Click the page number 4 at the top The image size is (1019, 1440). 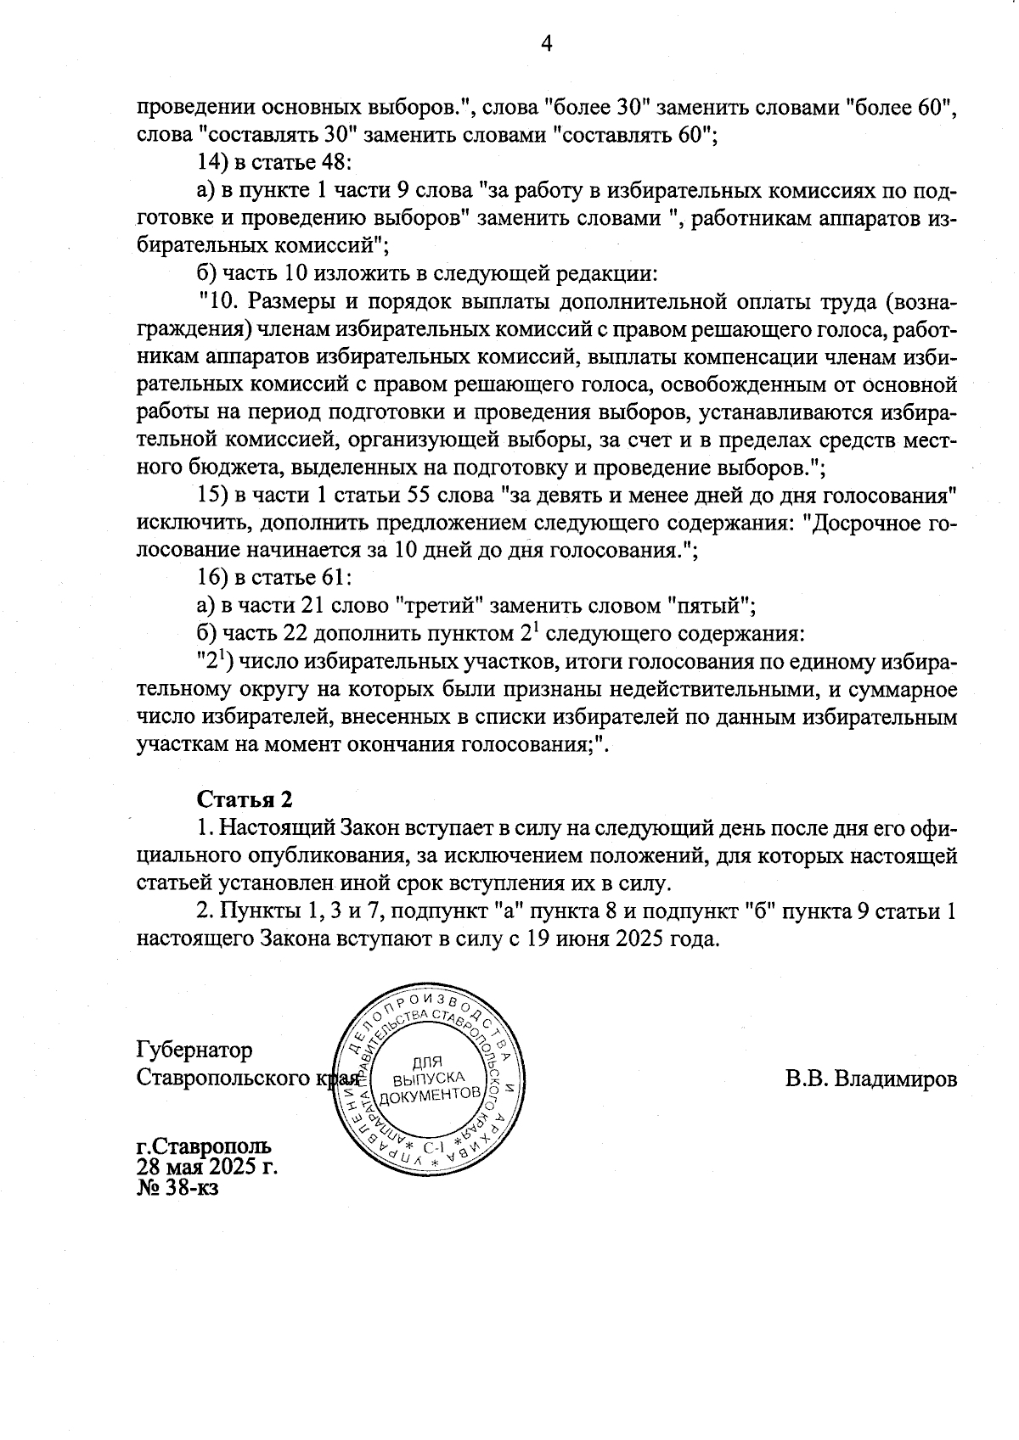coord(547,44)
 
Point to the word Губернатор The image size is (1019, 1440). coord(194,1051)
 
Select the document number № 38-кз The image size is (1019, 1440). coord(177,1188)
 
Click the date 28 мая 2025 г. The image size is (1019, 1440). coord(207,1168)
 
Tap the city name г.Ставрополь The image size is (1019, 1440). coord(205,1147)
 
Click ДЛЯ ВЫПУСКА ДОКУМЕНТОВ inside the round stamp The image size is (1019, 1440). coord(429,1079)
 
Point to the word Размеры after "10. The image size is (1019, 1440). coord(295,301)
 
